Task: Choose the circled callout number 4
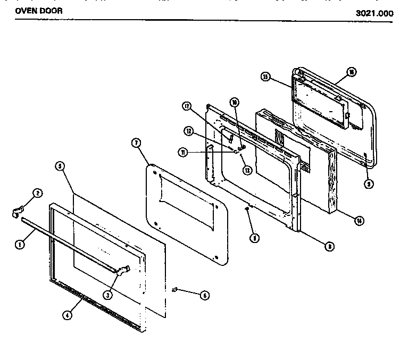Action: tap(67, 315)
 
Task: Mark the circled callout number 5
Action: tap(60, 166)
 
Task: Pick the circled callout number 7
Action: tap(136, 143)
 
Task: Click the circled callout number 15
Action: tap(265, 77)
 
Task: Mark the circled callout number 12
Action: tap(189, 131)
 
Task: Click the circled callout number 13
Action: tap(246, 170)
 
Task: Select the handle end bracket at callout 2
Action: tap(16, 211)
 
